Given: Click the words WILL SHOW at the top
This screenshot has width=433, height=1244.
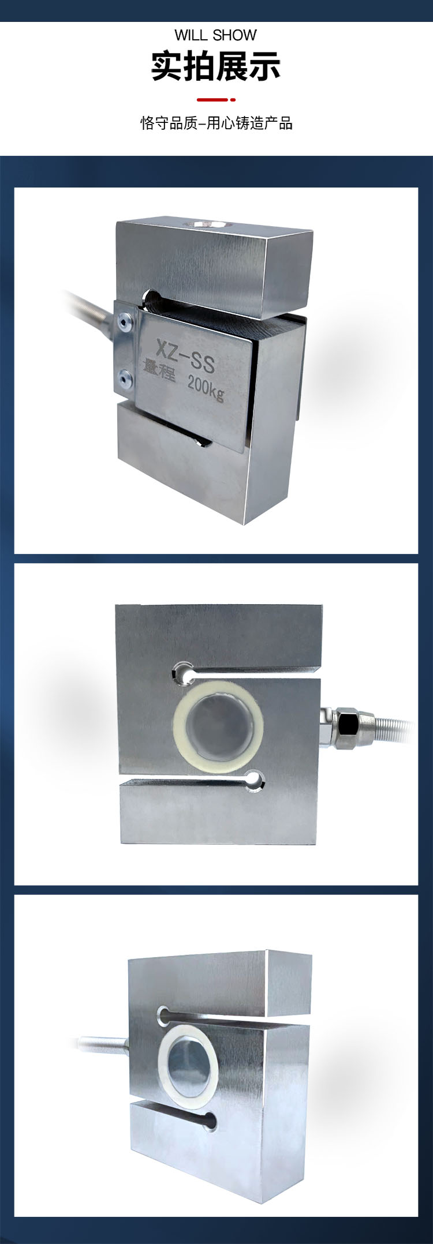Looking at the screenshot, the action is pos(215,35).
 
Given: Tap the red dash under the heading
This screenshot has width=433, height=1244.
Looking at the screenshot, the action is pos(216,100).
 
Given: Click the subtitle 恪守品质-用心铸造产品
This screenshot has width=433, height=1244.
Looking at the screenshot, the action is pos(216,123).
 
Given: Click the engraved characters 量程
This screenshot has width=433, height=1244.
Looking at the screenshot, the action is pos(158,369).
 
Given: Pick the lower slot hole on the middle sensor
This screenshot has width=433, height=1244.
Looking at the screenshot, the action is pos(254,780).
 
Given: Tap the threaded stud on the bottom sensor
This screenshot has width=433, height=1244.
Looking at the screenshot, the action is pos(102,1044).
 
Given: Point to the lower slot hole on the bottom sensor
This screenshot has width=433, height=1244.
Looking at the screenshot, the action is pos(211,1120).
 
